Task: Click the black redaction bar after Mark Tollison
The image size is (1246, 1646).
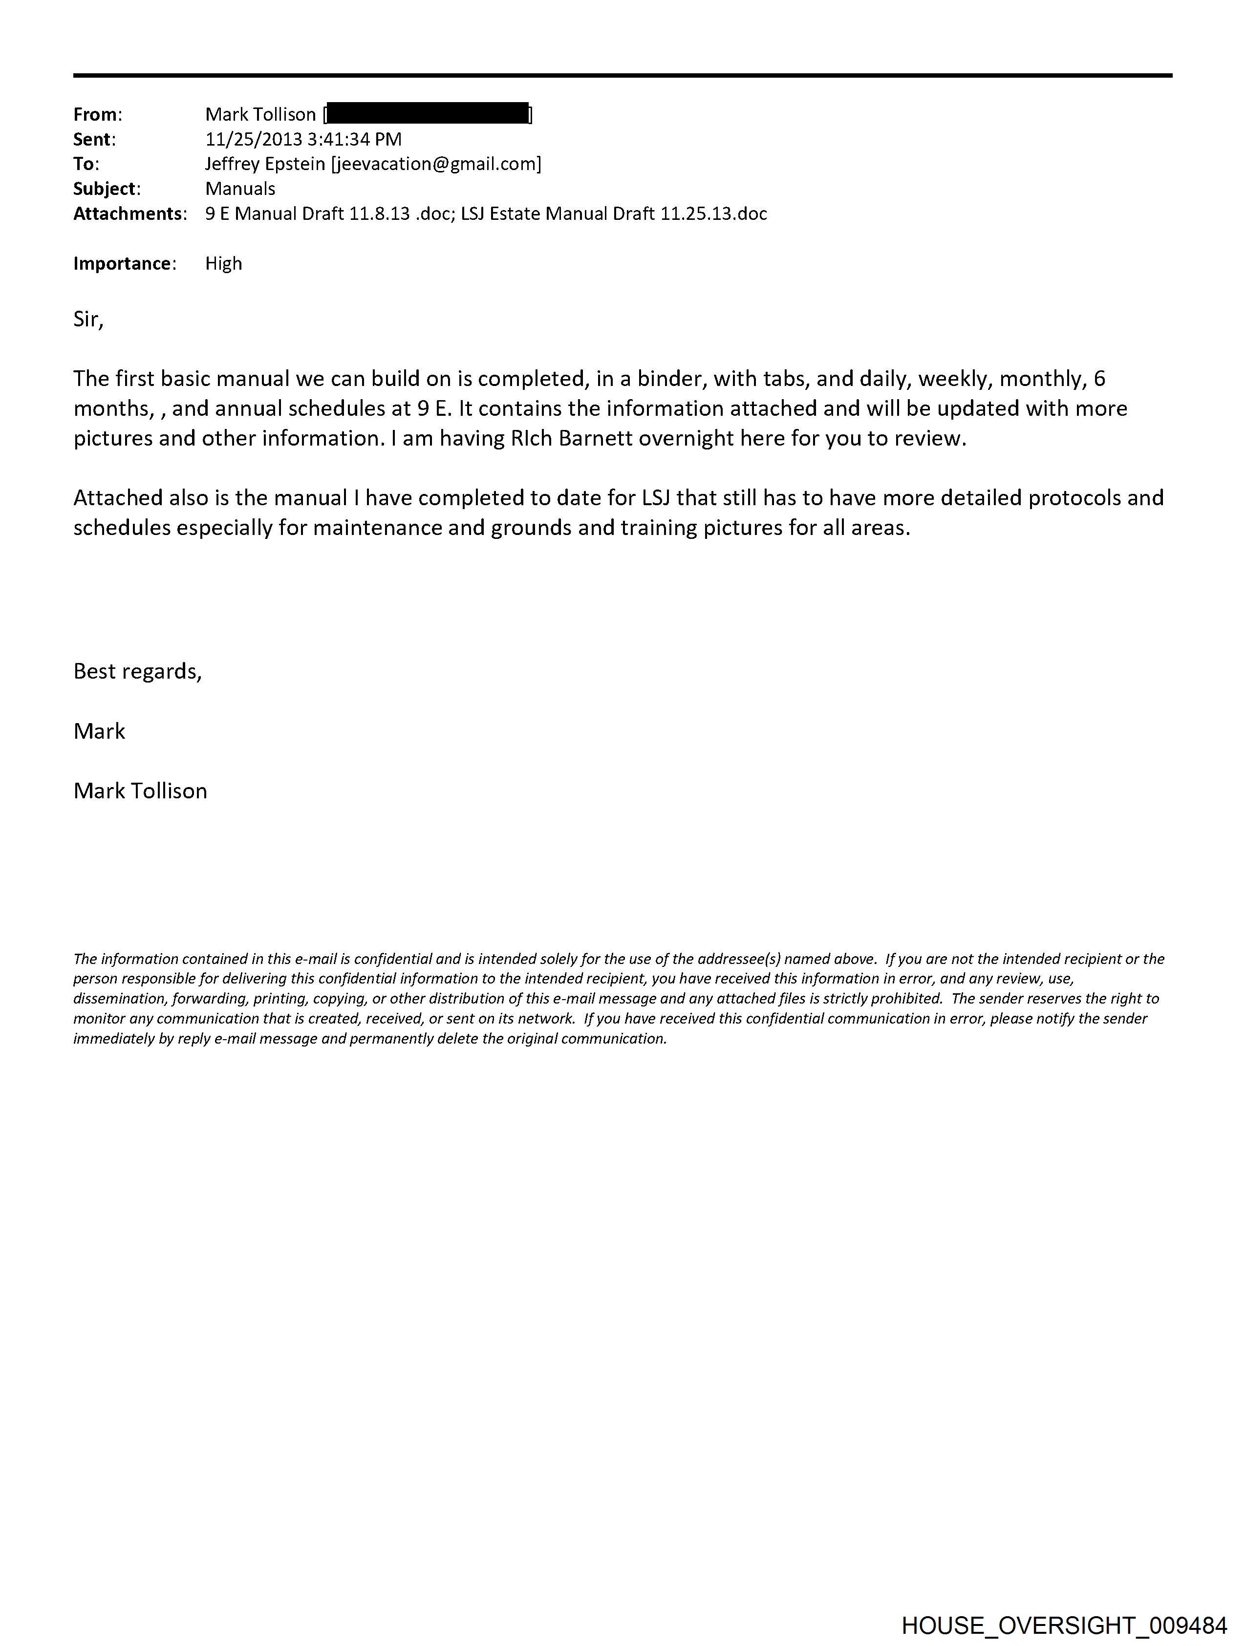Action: (428, 114)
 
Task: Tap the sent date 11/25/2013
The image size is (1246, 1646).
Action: (254, 139)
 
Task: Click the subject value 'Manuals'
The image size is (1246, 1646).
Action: (240, 189)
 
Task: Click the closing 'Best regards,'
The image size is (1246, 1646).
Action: (138, 671)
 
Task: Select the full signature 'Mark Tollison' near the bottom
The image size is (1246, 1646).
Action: (140, 791)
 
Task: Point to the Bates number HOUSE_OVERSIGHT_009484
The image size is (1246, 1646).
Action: (1064, 1625)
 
